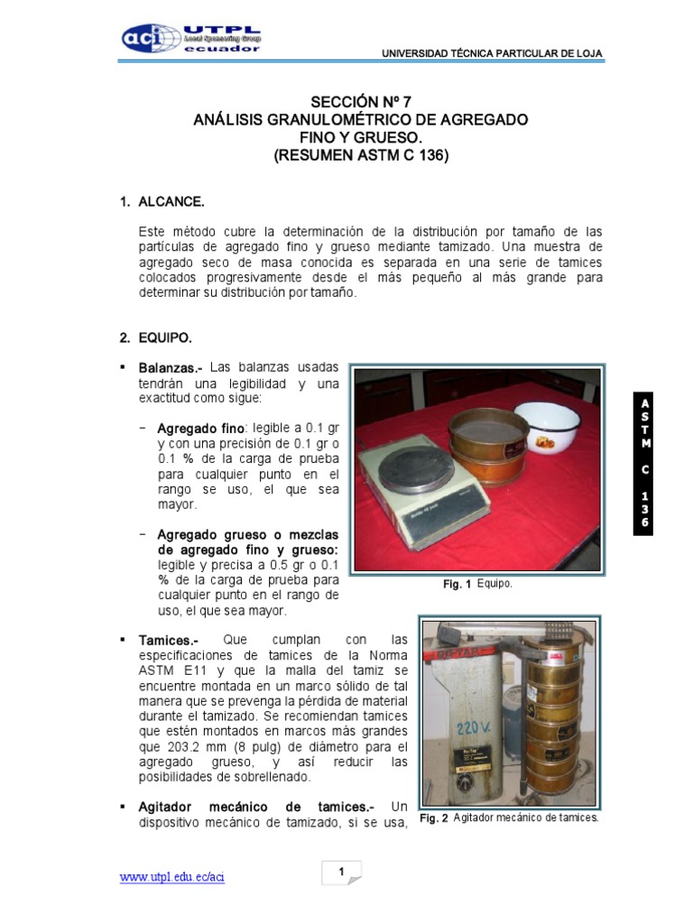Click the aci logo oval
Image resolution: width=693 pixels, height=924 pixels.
pyautogui.click(x=151, y=38)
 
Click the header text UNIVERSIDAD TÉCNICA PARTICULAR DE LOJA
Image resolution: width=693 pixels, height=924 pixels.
pyautogui.click(x=492, y=54)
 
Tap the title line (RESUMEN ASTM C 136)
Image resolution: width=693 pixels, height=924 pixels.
pyautogui.click(x=361, y=155)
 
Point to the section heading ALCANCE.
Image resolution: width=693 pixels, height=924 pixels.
pyautogui.click(x=171, y=202)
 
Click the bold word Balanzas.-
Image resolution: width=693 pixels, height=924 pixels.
pyautogui.click(x=170, y=368)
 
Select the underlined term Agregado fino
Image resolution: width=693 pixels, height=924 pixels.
pyautogui.click(x=200, y=427)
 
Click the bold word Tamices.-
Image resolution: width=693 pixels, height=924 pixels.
pyautogui.click(x=168, y=640)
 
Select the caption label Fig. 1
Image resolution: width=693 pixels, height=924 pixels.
pyautogui.click(x=457, y=585)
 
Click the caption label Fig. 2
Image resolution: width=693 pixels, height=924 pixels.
pyautogui.click(x=434, y=818)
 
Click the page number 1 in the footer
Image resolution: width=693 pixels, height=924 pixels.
pyautogui.click(x=342, y=872)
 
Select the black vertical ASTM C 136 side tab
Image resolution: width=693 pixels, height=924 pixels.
pyautogui.click(x=645, y=464)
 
